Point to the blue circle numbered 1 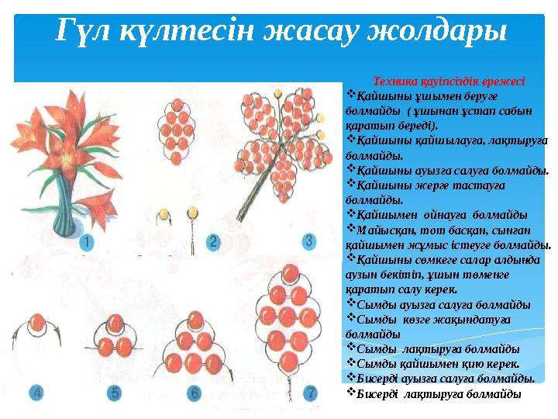point(88,242)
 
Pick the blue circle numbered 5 point(115,393)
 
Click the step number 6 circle point(195,393)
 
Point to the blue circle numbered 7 point(310,393)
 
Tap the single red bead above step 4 point(41,323)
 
